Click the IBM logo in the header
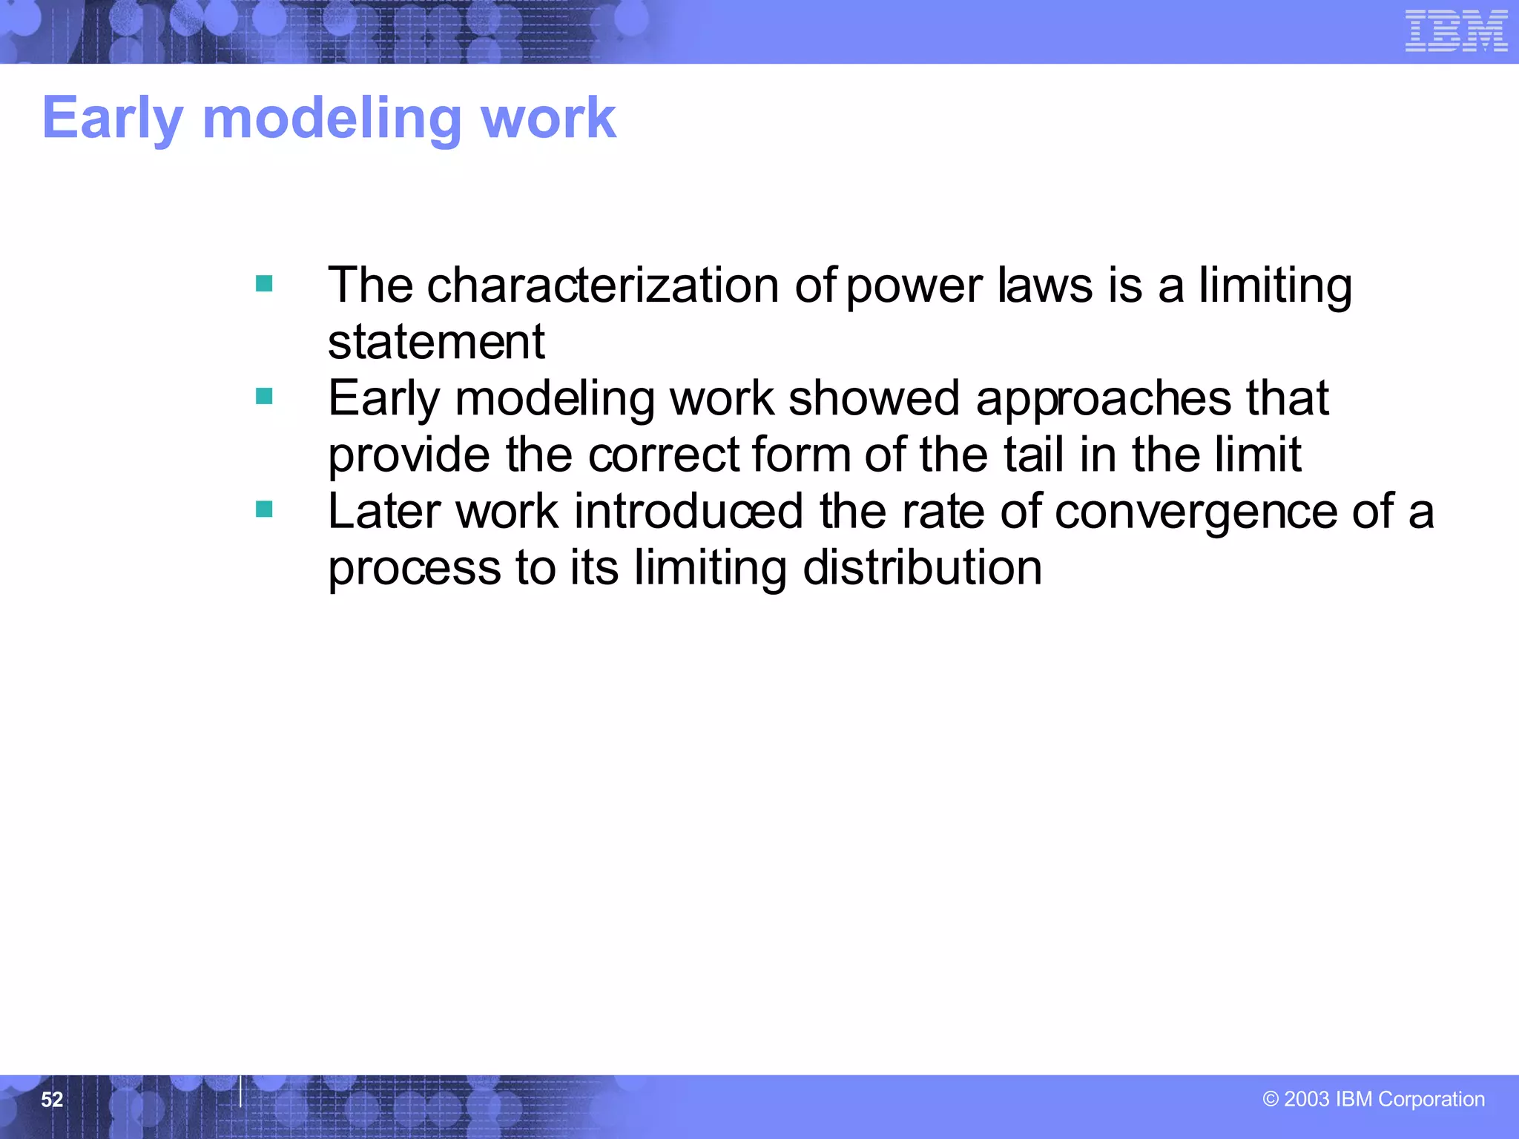coord(1456,31)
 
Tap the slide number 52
coord(52,1099)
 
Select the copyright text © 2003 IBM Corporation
coord(1374,1099)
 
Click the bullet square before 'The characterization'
coord(264,283)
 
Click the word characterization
coord(603,285)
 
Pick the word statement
coord(436,342)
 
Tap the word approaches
coord(1104,399)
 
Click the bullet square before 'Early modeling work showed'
coord(264,396)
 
